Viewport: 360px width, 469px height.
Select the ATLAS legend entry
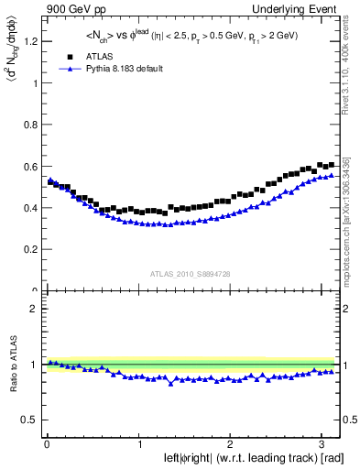tap(88, 55)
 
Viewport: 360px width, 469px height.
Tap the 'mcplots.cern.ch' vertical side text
tap(351, 229)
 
